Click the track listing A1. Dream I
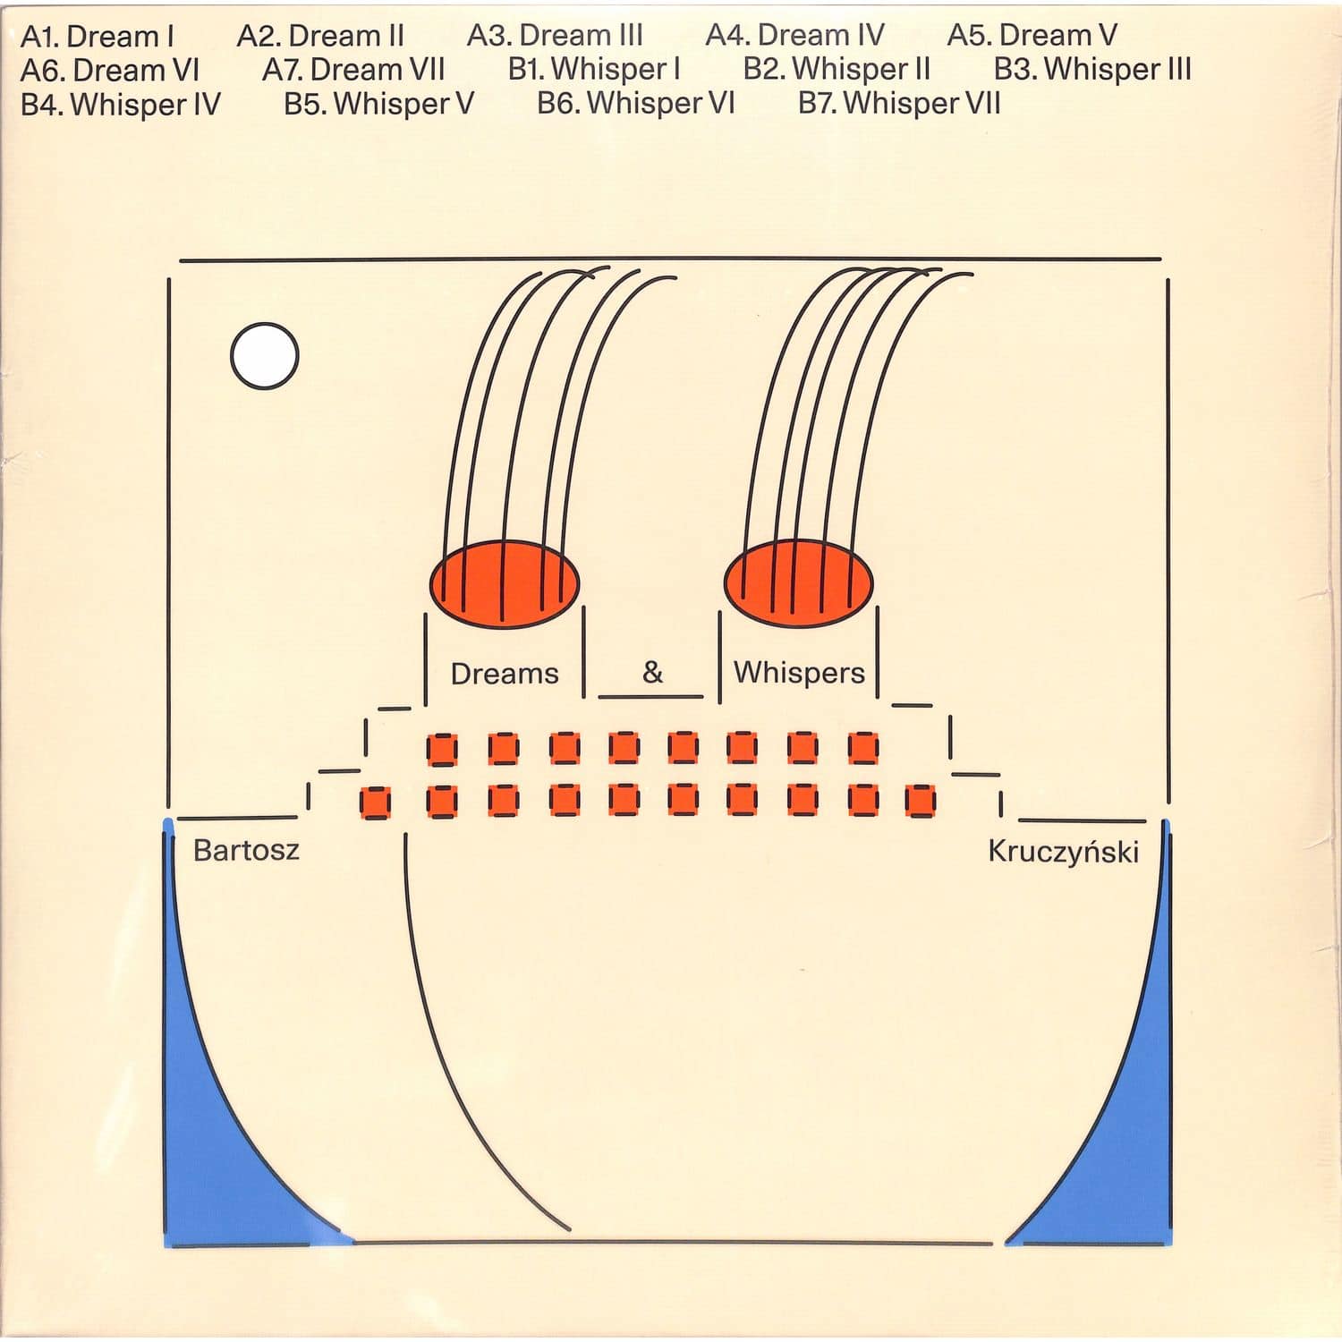coord(97,37)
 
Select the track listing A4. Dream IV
coord(794,36)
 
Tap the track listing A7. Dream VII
coord(353,70)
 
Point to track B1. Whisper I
coord(594,70)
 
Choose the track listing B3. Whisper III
coord(1092,70)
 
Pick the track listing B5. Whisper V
coord(378,104)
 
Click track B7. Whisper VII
coord(899,104)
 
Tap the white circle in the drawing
coord(265,355)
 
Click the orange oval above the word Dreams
coord(504,582)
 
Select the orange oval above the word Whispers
coord(798,582)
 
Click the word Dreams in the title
coord(505,673)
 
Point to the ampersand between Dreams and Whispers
coord(652,671)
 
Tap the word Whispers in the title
coord(799,673)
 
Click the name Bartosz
coord(246,849)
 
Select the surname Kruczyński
coord(1063,851)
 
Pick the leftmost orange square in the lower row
coord(375,803)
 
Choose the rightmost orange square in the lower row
coord(920,801)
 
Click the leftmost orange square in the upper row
coord(442,749)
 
